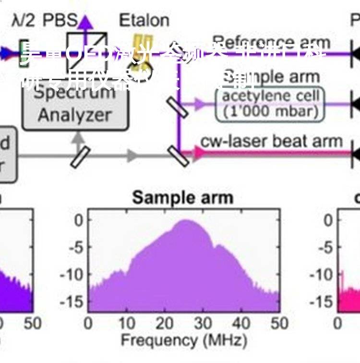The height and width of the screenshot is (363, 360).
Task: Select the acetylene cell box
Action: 270,104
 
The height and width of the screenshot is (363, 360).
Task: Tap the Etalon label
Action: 144,20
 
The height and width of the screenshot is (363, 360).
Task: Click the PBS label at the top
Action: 60,20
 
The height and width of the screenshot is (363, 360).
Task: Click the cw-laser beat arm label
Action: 271,141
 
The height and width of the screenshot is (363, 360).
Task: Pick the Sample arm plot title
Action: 182,197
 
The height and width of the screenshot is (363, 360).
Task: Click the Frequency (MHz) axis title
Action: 184,340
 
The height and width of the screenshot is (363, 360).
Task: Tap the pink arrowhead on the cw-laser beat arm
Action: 198,153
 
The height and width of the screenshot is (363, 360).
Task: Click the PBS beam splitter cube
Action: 80,46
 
